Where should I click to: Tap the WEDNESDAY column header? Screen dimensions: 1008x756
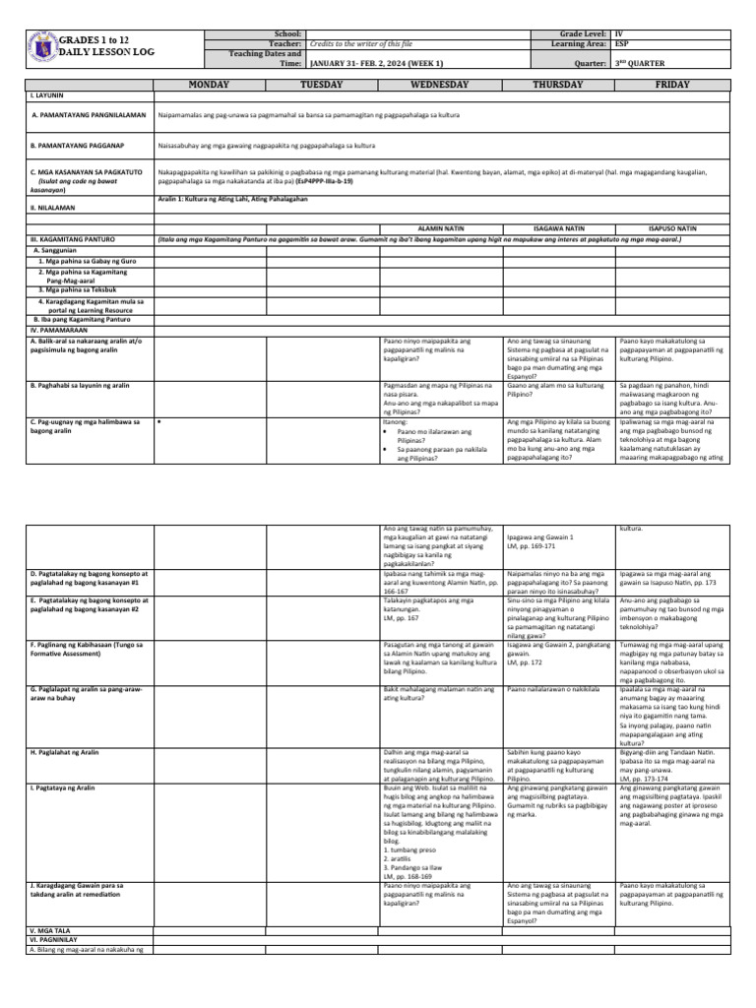439,86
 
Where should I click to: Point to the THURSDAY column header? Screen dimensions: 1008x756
557,86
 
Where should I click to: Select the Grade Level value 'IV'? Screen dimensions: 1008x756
618,33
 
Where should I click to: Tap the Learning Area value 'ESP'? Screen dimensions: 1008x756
621,44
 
